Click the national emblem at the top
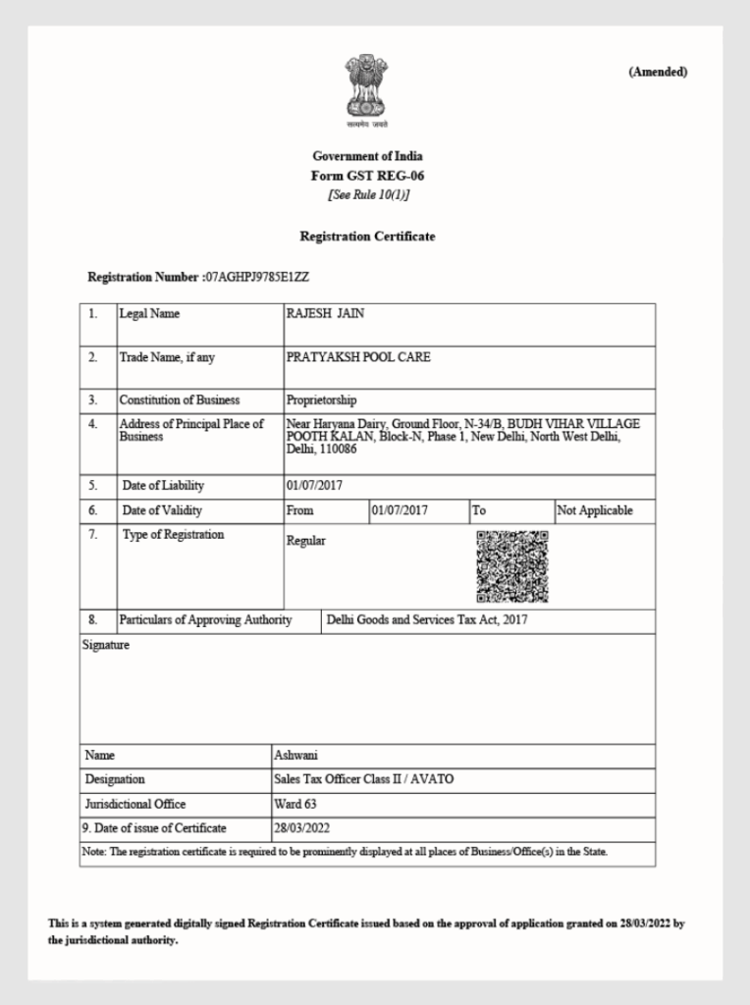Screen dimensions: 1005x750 pos(366,88)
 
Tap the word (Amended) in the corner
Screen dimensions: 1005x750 pos(658,72)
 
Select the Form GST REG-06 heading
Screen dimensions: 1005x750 pos(367,176)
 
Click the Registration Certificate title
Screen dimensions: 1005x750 pos(367,237)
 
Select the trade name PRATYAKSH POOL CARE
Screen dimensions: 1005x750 pos(358,357)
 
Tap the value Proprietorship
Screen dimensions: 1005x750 pos(321,400)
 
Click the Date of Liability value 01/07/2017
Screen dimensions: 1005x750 pos(314,486)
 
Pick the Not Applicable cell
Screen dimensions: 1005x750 pos(595,511)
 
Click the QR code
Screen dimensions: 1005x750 pos(512,566)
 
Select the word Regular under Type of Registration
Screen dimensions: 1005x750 pos(305,541)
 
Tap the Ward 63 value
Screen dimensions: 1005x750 pos(295,804)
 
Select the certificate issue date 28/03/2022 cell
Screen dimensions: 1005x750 pos(301,828)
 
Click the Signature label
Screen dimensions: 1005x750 pos(105,646)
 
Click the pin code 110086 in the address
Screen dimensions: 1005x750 pos(338,449)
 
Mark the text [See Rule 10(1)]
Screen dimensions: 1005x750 pos(367,194)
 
